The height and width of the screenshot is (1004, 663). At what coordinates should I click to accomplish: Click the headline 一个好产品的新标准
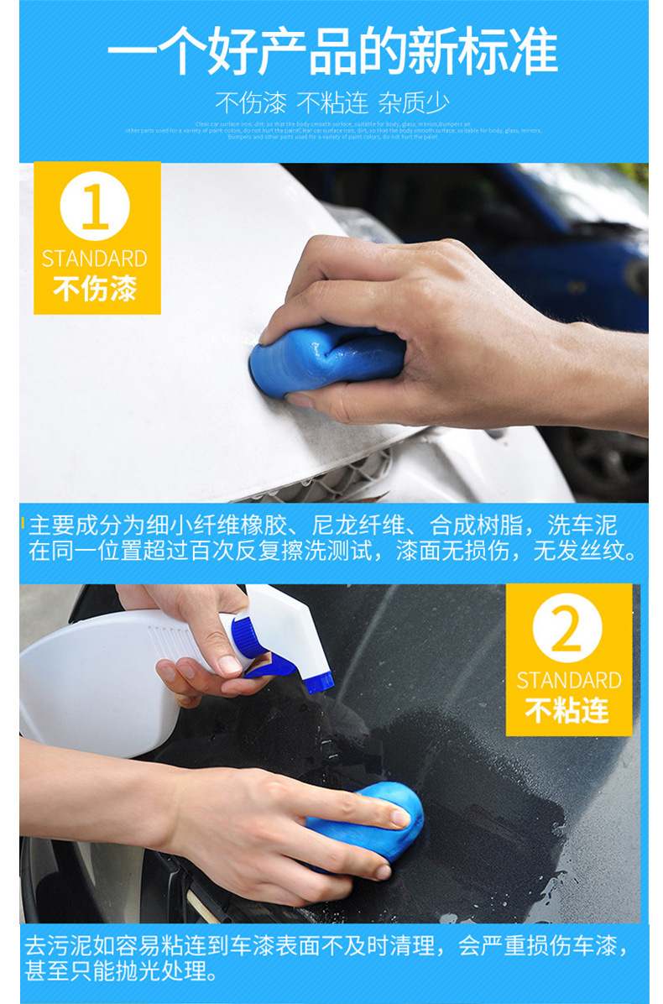coord(332,50)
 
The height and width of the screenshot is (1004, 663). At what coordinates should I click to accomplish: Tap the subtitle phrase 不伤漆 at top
coord(251,103)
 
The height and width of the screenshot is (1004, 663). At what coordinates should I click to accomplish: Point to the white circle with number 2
coord(567,628)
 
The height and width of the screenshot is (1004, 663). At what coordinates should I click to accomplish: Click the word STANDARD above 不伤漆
coord(95,259)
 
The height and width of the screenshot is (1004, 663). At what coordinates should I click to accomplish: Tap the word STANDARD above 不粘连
coord(568,680)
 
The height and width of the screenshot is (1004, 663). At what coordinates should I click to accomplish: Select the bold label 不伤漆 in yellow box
coord(95,290)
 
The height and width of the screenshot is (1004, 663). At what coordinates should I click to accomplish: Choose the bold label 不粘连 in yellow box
coord(567,711)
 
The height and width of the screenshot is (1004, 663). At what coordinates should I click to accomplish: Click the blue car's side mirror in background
coord(639,276)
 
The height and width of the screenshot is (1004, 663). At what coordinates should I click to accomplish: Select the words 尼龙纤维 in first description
coord(361,526)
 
